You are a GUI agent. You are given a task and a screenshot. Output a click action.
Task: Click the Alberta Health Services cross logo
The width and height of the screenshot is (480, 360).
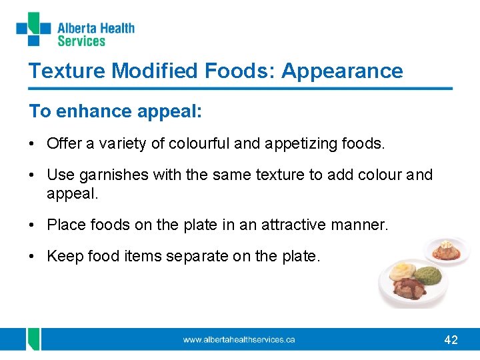click(33, 29)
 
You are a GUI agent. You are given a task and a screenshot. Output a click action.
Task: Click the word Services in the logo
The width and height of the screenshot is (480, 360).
click(81, 41)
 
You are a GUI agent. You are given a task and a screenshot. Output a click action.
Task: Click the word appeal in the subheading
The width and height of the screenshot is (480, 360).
click(169, 111)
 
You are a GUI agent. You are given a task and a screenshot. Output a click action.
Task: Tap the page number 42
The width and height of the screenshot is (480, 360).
click(451, 340)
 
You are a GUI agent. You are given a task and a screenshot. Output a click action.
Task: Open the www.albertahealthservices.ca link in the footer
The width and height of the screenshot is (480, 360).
click(239, 339)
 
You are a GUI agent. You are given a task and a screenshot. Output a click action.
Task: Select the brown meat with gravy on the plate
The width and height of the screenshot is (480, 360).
click(409, 288)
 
